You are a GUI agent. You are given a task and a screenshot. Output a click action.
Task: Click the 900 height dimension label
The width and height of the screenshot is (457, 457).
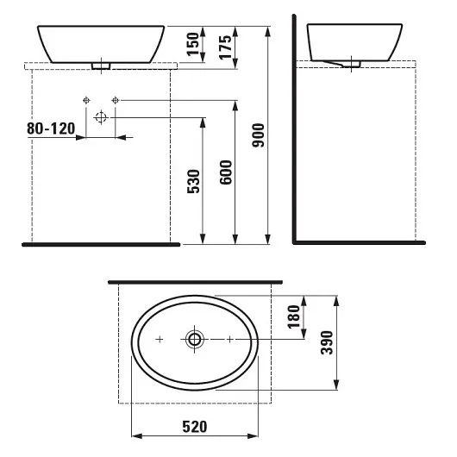coord(257,131)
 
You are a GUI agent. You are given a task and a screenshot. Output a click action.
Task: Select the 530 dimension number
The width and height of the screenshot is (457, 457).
coord(194,184)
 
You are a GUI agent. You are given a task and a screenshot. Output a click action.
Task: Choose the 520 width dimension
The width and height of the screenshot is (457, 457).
coord(196,427)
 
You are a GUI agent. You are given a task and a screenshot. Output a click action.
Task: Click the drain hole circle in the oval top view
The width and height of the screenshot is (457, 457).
coord(196,340)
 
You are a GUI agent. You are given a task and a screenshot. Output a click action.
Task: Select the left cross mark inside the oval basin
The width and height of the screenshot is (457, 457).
coord(160,340)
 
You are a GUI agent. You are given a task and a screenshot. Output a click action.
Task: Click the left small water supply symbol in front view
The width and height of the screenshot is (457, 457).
coord(86,100)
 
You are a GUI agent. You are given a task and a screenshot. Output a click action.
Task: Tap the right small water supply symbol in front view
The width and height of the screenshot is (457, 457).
coord(115,100)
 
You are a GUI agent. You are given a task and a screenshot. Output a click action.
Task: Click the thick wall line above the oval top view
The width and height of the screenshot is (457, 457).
coord(196,281)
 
